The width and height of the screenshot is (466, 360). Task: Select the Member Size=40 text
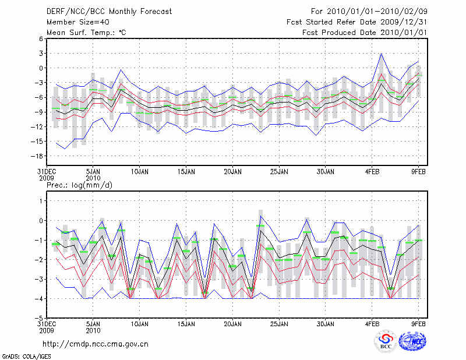point(73,22)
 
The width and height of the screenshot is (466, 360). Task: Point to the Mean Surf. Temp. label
point(86,33)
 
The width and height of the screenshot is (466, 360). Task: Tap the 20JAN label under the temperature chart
point(232,172)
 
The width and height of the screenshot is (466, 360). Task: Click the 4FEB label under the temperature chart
point(372,172)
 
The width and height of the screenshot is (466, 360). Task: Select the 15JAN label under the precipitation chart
point(186,324)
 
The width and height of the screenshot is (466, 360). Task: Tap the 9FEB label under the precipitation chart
point(419,324)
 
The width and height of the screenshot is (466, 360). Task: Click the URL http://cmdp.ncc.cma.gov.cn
point(96,344)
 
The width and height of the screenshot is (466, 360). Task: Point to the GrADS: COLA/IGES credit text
point(26,355)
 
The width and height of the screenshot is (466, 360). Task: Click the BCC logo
point(385,343)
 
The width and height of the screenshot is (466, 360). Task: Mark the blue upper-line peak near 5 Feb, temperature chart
point(382,54)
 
